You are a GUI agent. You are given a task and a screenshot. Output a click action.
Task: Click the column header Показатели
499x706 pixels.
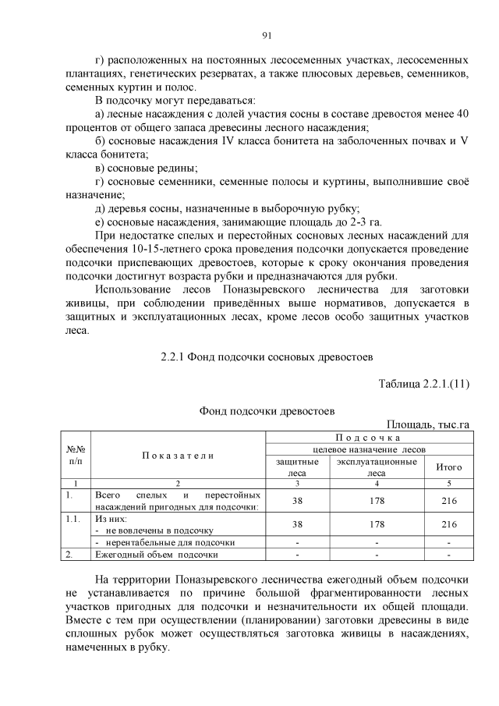coord(179,455)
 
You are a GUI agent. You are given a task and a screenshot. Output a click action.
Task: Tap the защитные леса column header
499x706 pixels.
coord(297,467)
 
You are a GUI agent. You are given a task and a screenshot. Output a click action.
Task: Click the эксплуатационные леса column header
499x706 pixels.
coord(376,467)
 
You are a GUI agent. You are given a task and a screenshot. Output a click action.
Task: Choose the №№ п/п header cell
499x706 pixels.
coord(76,455)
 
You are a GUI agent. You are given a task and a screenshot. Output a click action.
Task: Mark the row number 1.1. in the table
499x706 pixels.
coord(73,517)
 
